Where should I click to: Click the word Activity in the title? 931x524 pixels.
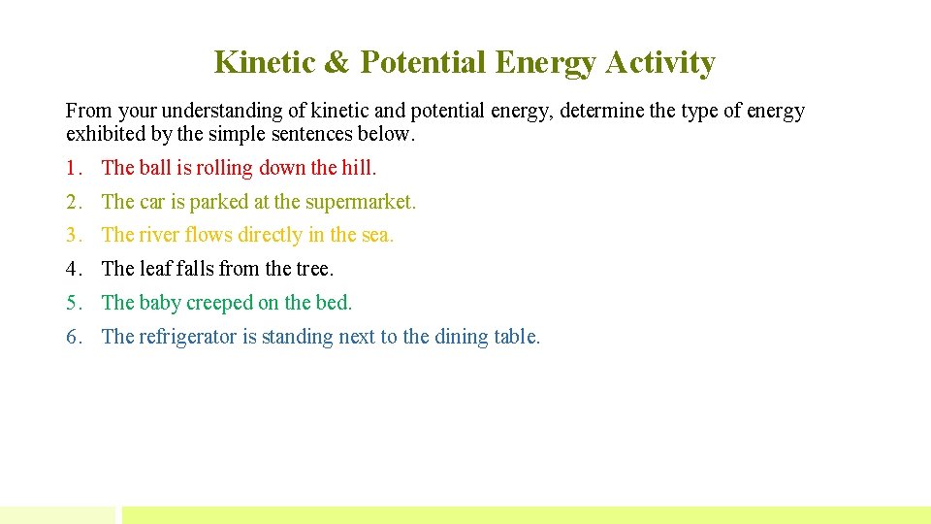click(x=659, y=63)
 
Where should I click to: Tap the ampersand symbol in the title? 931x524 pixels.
click(x=336, y=63)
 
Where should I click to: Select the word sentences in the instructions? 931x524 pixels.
click(x=315, y=133)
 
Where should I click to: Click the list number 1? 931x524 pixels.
click(x=74, y=168)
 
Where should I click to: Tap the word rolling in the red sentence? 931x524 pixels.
click(x=225, y=168)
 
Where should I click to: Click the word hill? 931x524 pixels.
click(x=359, y=168)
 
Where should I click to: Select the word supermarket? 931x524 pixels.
click(x=360, y=202)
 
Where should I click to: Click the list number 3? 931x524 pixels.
click(x=74, y=235)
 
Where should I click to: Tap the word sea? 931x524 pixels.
click(x=377, y=235)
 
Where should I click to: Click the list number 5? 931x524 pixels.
click(x=74, y=303)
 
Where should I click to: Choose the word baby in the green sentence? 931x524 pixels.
click(x=160, y=303)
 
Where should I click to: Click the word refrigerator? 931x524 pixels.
click(x=189, y=337)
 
